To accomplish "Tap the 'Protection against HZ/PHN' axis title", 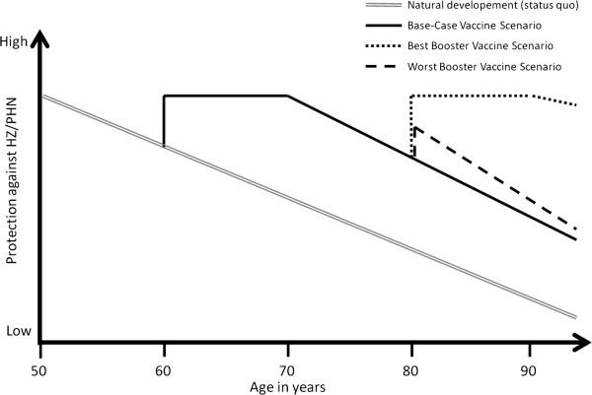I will [12, 187].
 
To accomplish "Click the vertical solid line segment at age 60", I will [164, 120].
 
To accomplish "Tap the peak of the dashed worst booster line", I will [415, 127].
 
